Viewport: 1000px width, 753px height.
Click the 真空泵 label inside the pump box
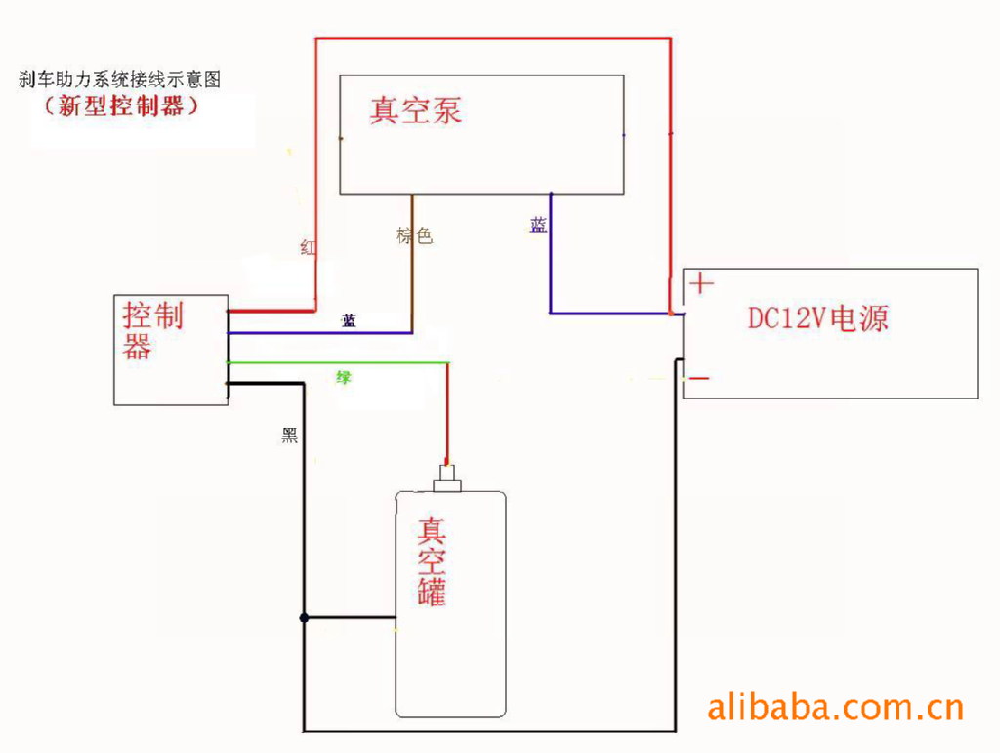(x=415, y=109)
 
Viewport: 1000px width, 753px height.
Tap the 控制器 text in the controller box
(x=153, y=330)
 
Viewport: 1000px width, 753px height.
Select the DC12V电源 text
(x=818, y=318)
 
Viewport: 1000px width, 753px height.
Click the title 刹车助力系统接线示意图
(x=126, y=80)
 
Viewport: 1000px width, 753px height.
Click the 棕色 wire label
(x=414, y=236)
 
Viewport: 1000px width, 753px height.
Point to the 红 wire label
(x=309, y=248)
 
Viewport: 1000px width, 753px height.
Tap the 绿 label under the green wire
(x=344, y=377)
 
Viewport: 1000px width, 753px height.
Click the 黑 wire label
(x=289, y=437)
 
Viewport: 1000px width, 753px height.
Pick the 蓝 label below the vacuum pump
(x=538, y=226)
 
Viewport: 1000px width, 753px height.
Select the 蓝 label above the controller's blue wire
(x=349, y=320)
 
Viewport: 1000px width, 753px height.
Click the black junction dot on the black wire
(x=305, y=617)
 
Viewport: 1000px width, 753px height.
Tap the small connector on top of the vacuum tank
(x=449, y=480)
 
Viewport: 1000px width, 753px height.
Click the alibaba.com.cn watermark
(x=835, y=705)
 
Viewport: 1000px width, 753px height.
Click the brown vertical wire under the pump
(x=412, y=264)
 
